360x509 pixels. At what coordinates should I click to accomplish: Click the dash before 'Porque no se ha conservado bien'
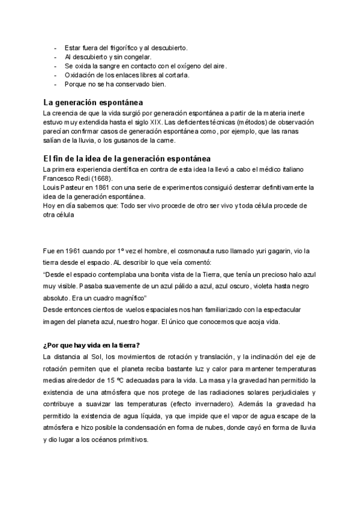55,84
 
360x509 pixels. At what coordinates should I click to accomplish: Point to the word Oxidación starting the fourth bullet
80,75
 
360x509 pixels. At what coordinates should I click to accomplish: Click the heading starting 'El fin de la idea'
127,158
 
